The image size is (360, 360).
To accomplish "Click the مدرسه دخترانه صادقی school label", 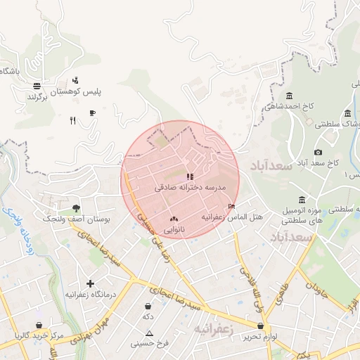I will [189, 188].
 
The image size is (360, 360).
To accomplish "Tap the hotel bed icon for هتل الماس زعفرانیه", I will [232, 206].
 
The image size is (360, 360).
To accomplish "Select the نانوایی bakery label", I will [174, 230].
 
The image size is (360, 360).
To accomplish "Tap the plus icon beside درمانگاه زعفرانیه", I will [90, 283].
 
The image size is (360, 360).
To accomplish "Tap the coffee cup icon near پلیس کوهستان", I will [91, 112].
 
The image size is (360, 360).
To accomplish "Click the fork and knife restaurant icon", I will [72, 120].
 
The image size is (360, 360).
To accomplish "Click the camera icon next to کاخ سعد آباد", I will [318, 153].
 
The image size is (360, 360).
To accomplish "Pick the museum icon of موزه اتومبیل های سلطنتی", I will [302, 199].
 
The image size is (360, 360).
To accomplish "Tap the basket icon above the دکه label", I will [148, 307].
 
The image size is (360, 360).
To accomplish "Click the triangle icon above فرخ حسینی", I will [148, 333].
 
